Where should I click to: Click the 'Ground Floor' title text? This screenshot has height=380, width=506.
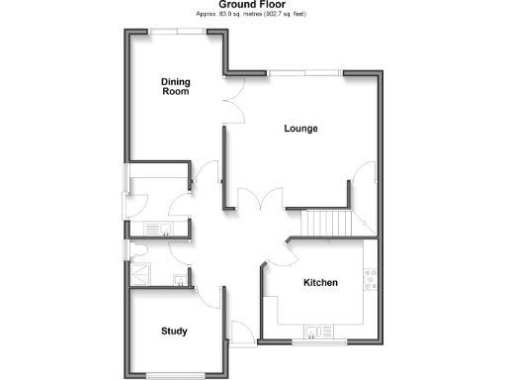tap(253, 5)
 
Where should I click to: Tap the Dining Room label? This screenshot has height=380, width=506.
tap(175, 86)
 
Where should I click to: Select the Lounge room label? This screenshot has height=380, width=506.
tap(300, 129)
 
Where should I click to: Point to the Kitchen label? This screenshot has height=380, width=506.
tap(320, 283)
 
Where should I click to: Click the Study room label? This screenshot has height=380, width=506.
tap(174, 331)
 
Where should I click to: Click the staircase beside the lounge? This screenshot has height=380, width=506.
tap(327, 225)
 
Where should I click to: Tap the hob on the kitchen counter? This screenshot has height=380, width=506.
tap(370, 281)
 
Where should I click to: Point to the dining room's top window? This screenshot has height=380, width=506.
tap(178, 32)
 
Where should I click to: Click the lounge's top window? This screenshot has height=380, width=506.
tap(303, 72)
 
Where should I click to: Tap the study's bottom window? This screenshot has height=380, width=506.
tap(175, 374)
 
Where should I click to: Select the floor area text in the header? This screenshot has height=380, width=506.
tap(252, 16)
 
